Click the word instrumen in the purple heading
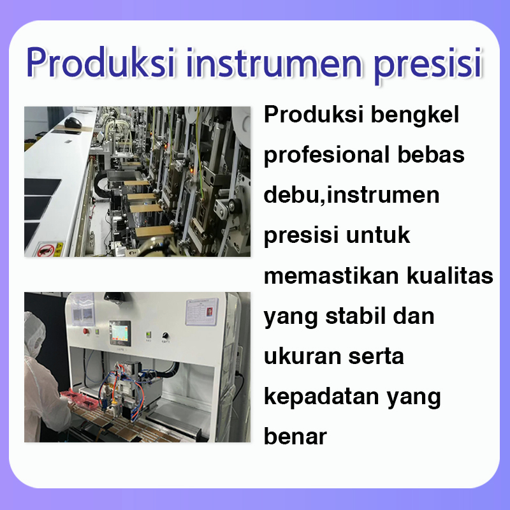click(274, 62)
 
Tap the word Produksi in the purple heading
click(101, 62)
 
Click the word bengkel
click(415, 115)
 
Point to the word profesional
click(326, 155)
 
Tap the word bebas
click(431, 154)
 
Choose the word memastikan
click(331, 276)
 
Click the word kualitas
click(450, 276)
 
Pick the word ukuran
click(302, 356)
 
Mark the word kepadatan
click(321, 397)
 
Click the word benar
click(295, 437)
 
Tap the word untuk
click(377, 235)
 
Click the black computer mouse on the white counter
click(73, 123)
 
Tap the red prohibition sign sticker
click(46, 251)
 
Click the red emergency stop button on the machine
click(86, 331)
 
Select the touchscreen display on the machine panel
click(120, 333)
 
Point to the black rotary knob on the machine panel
click(165, 336)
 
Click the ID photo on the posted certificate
click(210, 312)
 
